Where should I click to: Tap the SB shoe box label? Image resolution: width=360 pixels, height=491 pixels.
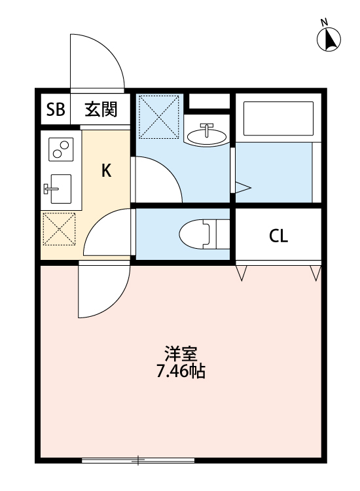[55, 110]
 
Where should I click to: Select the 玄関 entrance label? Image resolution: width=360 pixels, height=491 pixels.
[100, 110]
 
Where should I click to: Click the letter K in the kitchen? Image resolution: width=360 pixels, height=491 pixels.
[105, 172]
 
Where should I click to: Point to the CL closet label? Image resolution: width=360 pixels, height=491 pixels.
[278, 236]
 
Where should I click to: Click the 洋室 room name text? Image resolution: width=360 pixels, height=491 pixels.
[180, 355]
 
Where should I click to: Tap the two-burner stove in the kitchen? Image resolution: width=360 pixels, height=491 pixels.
[60, 150]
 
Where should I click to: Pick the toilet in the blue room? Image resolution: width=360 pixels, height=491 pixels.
[199, 233]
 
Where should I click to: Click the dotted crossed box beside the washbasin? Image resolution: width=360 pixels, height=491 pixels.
[159, 116]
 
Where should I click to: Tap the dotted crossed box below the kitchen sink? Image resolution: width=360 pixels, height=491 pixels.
[59, 230]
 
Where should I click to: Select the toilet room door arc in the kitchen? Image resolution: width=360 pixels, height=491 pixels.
[109, 233]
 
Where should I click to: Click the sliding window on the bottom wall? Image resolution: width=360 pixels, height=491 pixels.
[138, 461]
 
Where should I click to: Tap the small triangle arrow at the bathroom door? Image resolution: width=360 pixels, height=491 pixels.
[242, 188]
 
